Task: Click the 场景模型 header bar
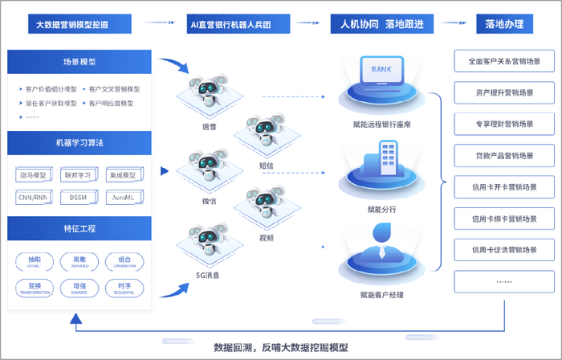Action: pos(79,61)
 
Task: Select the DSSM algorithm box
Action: pos(79,197)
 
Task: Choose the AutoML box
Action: pos(124,197)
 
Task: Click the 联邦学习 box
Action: pos(79,174)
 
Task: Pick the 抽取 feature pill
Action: pos(35,261)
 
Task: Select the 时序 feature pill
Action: pos(124,288)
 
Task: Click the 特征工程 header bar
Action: pos(79,228)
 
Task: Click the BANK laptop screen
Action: pos(382,72)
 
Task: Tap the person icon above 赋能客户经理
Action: pos(384,246)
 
